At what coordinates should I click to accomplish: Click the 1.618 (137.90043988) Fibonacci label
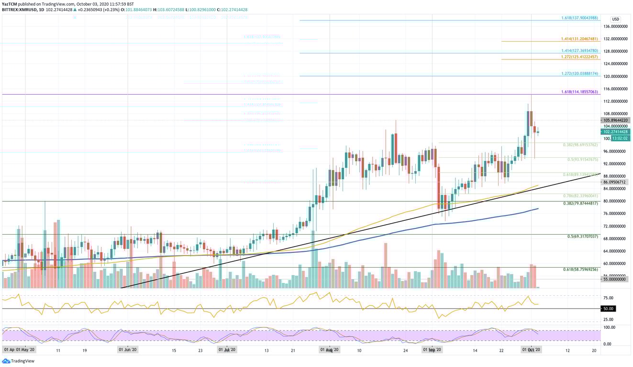pos(579,18)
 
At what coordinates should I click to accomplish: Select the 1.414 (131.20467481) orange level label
pos(579,39)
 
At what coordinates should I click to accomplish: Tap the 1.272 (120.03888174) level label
pos(579,74)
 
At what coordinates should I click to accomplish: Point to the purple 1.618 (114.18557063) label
pos(579,92)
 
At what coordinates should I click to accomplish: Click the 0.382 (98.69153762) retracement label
pos(580,144)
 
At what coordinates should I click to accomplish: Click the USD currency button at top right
pos(615,19)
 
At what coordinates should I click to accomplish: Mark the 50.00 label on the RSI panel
pos(608,309)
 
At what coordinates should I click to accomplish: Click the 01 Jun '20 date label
pos(128,350)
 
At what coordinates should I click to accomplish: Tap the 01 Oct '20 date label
pos(531,350)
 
